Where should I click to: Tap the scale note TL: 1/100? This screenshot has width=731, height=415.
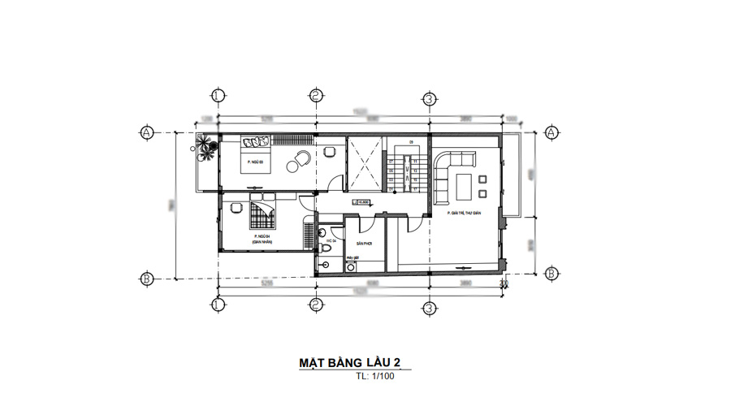(374, 378)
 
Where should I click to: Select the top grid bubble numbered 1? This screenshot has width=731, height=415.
(217, 96)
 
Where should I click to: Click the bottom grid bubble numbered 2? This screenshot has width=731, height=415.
(314, 305)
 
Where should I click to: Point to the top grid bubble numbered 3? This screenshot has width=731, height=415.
(428, 99)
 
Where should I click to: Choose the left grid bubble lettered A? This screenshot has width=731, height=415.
(147, 132)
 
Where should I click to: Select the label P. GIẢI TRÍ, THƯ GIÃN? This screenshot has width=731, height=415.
(465, 213)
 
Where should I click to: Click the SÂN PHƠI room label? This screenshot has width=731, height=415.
(363, 243)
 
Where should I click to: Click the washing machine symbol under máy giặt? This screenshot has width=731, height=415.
(351, 266)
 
